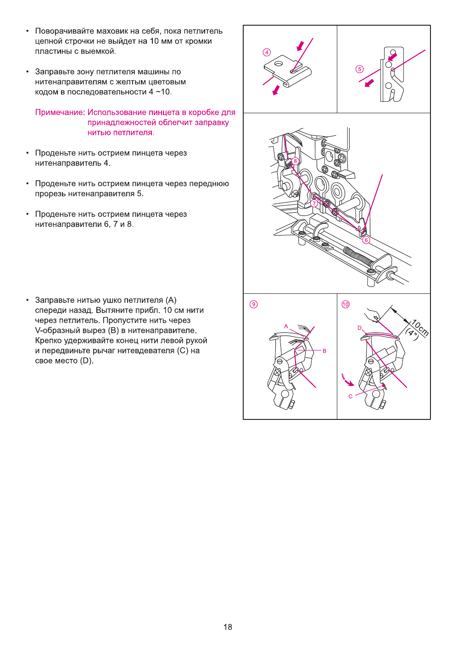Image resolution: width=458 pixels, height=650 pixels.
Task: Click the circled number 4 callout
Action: click(267, 52)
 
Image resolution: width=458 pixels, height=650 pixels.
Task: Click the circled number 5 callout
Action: click(360, 69)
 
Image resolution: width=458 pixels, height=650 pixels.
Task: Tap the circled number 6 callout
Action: click(366, 240)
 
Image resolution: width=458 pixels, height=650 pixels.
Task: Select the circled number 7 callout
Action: click(314, 203)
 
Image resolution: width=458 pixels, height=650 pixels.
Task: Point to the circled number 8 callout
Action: click(296, 161)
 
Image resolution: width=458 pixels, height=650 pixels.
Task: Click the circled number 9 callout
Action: click(253, 304)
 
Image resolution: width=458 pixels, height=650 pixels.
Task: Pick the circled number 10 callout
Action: click(346, 304)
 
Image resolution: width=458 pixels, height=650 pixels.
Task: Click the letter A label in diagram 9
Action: click(286, 326)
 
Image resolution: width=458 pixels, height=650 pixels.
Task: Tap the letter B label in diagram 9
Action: click(324, 351)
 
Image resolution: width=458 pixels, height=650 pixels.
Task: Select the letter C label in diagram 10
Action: click(351, 397)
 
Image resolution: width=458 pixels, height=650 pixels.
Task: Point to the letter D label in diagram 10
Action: click(359, 328)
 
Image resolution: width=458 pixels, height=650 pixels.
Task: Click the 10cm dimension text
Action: click(419, 328)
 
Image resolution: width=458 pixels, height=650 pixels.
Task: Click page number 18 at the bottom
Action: click(228, 627)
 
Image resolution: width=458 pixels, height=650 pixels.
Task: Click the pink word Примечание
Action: click(60, 112)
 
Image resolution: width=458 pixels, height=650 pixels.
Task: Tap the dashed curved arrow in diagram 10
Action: click(346, 380)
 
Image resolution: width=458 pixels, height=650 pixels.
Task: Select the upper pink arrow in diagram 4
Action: click(301, 46)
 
